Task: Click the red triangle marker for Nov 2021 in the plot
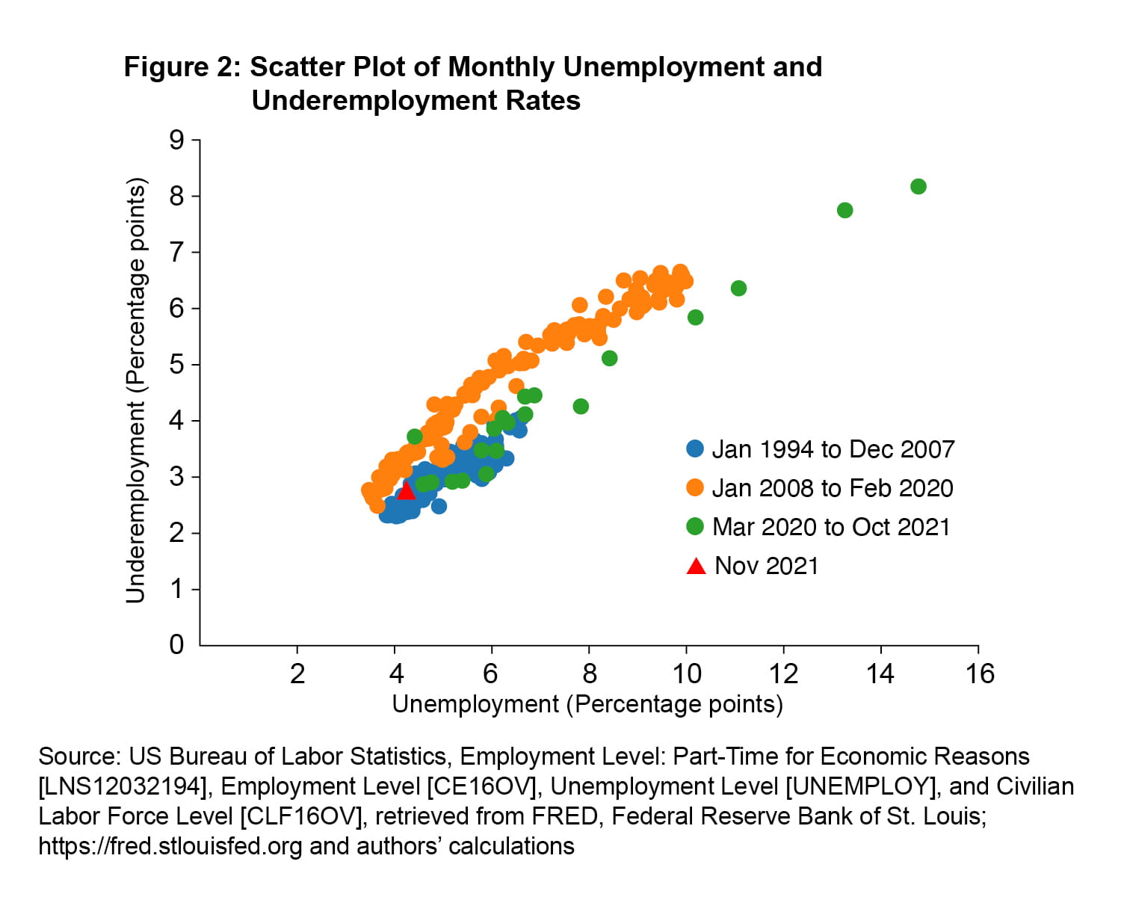point(405,491)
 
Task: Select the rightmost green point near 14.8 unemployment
point(918,186)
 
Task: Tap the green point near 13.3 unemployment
point(844,210)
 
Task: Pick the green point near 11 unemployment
point(738,289)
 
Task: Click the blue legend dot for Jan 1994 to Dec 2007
point(695,449)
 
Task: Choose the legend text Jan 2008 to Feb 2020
point(832,488)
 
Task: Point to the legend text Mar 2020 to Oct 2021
point(830,527)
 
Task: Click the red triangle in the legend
point(696,567)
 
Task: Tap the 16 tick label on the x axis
point(979,674)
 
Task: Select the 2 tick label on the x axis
point(297,674)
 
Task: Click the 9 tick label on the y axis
point(176,140)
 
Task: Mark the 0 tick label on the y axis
point(176,644)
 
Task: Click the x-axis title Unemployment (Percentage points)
point(587,704)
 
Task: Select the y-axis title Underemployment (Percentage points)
point(135,390)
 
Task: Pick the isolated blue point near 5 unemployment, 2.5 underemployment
point(439,506)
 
